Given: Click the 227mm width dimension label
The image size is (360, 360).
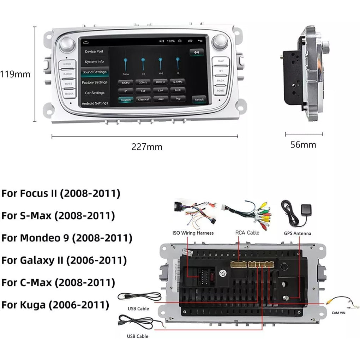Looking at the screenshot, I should pyautogui.click(x=147, y=147).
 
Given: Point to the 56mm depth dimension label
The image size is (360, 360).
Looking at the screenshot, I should pyautogui.click(x=303, y=144).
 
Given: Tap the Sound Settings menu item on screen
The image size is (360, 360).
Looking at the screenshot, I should pyautogui.click(x=94, y=72).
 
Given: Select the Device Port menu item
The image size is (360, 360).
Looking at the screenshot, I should pyautogui.click(x=94, y=52).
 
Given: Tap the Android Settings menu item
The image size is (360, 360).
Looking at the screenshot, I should pyautogui.click(x=94, y=103).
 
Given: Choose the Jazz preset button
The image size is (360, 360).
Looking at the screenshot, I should pyautogui.click(x=161, y=100).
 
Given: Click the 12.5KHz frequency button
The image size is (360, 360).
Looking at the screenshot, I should pyautogui.click(x=178, y=82).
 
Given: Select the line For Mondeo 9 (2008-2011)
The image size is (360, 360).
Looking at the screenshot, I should pyautogui.click(x=67, y=238).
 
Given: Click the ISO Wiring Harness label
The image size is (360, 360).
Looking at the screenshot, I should pyautogui.click(x=193, y=233).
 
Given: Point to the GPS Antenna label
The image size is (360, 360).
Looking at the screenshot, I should pyautogui.click(x=298, y=233).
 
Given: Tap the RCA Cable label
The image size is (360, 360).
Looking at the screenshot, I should pyautogui.click(x=247, y=233).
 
